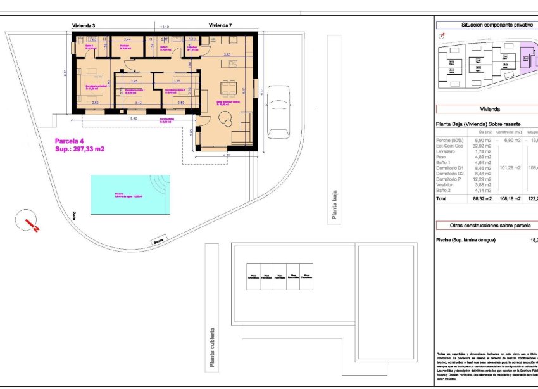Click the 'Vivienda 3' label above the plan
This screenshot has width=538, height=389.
pos(84,25)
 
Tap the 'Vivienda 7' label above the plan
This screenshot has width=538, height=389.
pos(220,25)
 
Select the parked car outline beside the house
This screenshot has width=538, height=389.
pos(278,112)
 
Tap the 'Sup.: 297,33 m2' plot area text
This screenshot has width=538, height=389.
pos(79,149)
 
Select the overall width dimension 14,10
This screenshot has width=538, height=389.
pos(165,27)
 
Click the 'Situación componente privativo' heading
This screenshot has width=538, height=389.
pos(485,25)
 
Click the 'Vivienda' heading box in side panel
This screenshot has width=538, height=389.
pos(485,108)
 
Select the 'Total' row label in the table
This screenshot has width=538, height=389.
pos(443,198)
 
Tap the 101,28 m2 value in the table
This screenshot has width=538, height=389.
pos(509,168)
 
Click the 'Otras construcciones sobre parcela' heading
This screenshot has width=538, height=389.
pos(485,224)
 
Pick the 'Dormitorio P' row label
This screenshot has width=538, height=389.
pos(449,179)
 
